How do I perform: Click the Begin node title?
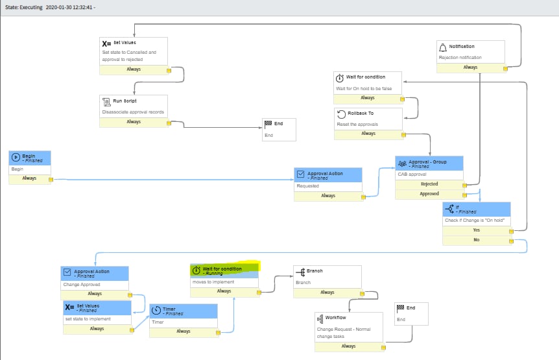point(30,156)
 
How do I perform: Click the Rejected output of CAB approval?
point(429,184)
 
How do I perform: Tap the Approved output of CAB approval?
point(429,194)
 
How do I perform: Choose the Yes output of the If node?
point(477,230)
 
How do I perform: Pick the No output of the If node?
point(477,240)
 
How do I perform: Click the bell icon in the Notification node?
point(443,47)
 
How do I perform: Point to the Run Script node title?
point(125,101)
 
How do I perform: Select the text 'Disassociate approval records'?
point(133,112)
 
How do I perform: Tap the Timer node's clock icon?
point(158,310)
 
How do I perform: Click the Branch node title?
point(314,271)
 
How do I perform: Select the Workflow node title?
point(335,318)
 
